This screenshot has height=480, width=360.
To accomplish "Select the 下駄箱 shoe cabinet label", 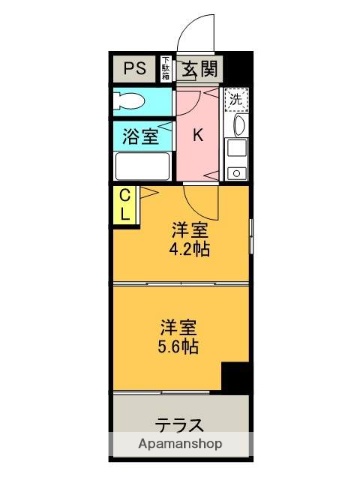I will click(166, 69).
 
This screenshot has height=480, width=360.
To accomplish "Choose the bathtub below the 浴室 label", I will click(141, 166).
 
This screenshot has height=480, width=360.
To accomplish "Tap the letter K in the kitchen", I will click(199, 135).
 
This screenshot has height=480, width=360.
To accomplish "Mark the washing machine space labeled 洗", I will click(236, 99).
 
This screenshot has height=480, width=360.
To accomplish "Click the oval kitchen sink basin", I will click(237, 125).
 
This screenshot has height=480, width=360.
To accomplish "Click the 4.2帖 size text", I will click(189, 248).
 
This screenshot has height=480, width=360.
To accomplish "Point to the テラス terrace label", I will click(179, 423).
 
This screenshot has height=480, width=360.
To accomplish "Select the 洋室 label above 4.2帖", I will click(189, 228).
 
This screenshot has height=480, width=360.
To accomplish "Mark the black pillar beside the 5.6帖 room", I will click(235, 379).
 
